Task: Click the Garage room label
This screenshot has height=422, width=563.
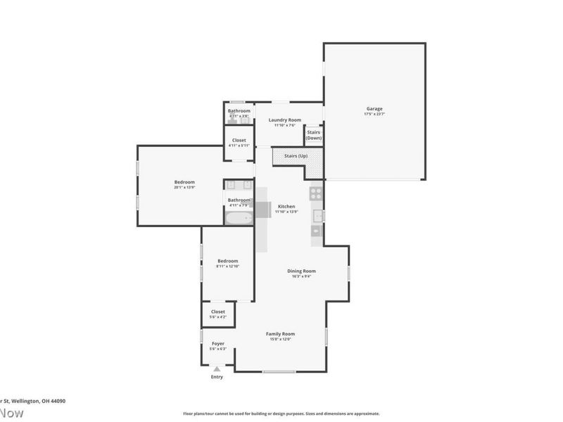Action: [374, 109]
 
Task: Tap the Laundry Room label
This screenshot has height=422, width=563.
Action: [284, 120]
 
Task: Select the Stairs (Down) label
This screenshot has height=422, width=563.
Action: [314, 134]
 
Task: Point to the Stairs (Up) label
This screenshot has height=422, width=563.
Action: [295, 155]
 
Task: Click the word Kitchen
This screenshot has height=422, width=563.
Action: [286, 206]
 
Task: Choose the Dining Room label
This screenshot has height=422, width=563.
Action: [301, 271]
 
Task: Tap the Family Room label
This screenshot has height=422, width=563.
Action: [280, 333]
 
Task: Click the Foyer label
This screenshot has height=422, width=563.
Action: [218, 343]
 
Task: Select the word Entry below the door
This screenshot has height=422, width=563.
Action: [217, 378]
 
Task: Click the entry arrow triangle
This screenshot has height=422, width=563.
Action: [217, 368]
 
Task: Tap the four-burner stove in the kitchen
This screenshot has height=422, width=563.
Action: [316, 192]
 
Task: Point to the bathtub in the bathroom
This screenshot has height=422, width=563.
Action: [239, 218]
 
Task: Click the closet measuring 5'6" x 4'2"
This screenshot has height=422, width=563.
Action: [218, 313]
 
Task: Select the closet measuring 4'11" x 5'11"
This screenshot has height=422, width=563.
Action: [239, 142]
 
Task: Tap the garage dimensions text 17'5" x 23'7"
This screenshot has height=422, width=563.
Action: [374, 114]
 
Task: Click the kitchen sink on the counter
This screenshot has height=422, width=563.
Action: [317, 215]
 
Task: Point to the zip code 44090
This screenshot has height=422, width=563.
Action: [57, 400]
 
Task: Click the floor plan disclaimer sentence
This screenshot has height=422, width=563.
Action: [281, 414]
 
